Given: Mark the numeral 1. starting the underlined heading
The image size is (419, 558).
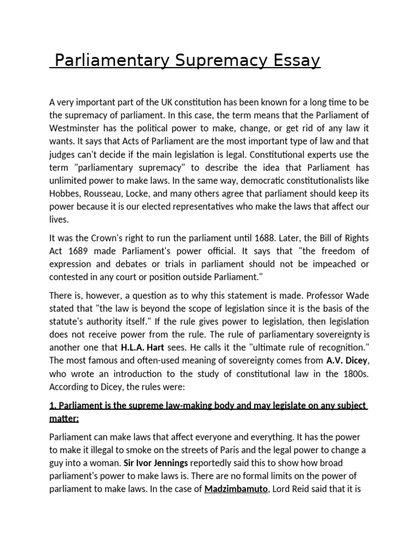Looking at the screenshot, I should coord(52,405).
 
